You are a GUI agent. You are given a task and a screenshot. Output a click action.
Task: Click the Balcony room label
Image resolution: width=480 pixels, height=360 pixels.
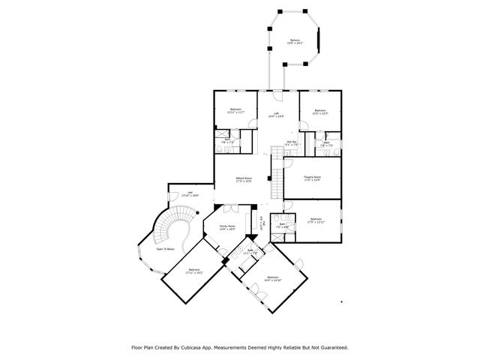295,42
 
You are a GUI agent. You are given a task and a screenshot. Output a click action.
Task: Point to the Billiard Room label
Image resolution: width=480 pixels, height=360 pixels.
243,179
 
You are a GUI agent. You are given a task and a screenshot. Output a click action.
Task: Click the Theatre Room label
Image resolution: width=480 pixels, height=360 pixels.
312,178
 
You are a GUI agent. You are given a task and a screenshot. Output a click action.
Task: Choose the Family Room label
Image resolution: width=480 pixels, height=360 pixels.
227,227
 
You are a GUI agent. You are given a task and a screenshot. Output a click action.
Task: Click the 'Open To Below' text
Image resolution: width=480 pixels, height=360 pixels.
166,249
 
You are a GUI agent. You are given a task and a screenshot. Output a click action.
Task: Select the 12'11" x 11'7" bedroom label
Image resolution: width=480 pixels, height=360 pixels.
235,111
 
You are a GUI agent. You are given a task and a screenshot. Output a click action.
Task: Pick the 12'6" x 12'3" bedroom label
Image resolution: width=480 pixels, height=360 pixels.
320,112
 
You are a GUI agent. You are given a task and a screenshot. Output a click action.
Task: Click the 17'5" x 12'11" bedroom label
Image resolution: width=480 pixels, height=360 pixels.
316,221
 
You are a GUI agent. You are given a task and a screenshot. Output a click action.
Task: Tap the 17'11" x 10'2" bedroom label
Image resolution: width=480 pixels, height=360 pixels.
194,271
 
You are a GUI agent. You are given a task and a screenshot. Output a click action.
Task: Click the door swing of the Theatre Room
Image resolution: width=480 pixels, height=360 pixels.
289,159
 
